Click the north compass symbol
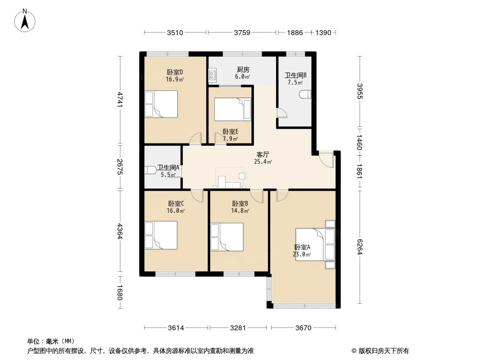[x=25, y=20]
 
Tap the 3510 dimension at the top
[x=175, y=33]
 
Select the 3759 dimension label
[x=242, y=33]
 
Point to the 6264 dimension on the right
[x=359, y=247]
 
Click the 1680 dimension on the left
[x=120, y=292]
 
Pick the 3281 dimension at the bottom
[x=238, y=328]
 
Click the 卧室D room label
[x=175, y=72]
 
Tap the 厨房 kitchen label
[x=243, y=70]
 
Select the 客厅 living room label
[x=263, y=155]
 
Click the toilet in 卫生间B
[x=305, y=94]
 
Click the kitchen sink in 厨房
[x=212, y=76]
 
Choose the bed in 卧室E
[x=233, y=109]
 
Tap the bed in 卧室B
[x=227, y=237]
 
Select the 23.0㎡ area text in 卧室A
[x=302, y=255]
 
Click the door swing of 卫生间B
[x=282, y=112]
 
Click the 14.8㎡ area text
[x=240, y=211]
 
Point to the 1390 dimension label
[x=323, y=33]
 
